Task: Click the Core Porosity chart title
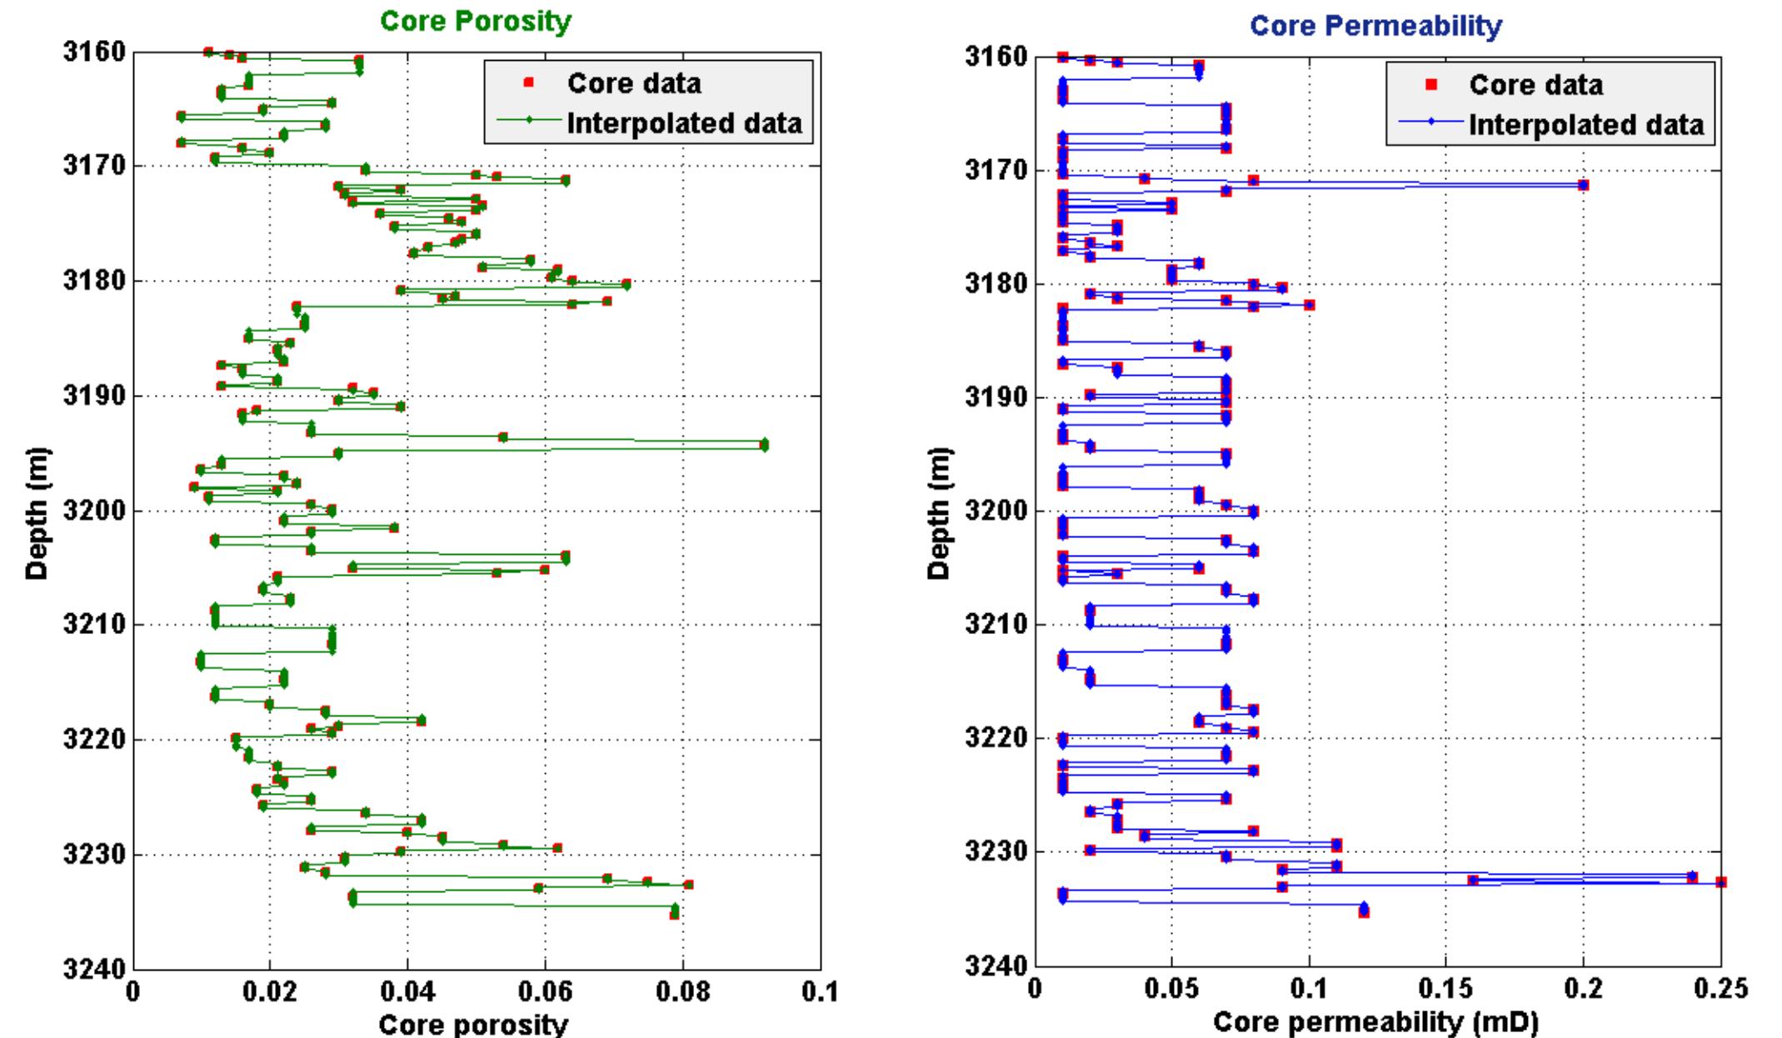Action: [476, 22]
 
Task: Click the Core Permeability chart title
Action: [1377, 27]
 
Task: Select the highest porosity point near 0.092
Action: [764, 444]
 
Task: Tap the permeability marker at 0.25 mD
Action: [1721, 882]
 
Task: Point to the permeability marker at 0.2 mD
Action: [1583, 185]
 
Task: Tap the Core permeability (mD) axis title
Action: [1375, 1021]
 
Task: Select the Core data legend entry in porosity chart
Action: [634, 83]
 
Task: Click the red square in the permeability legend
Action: [1430, 84]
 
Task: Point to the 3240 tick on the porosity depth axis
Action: [94, 968]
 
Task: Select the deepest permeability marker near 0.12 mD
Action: [1364, 912]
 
